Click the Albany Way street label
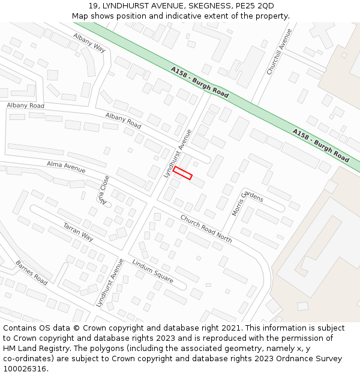point(89,43)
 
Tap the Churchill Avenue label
point(279,52)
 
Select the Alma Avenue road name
point(66,166)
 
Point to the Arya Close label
point(106,190)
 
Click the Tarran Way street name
point(79,232)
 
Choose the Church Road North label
point(206,229)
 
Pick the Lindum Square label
point(152,272)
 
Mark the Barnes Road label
point(32,272)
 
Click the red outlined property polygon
point(182,173)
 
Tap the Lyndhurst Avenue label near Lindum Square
point(110,283)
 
